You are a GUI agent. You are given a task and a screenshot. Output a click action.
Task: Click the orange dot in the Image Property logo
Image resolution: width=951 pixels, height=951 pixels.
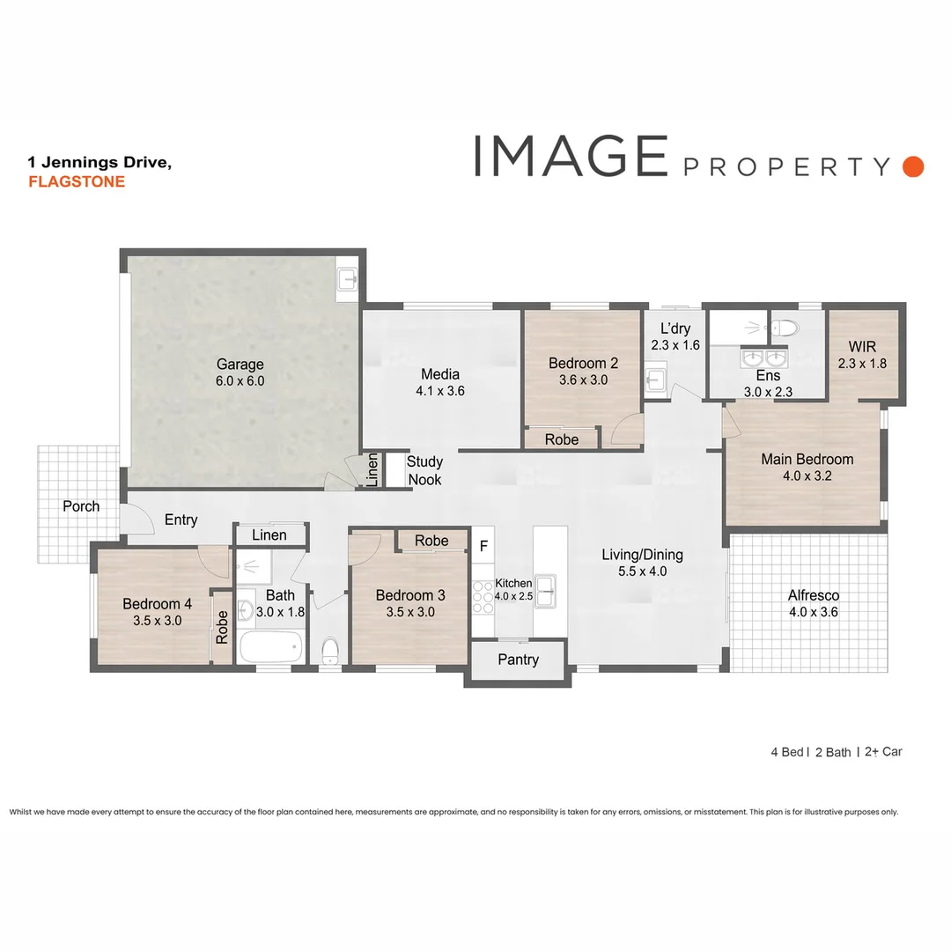coord(913,166)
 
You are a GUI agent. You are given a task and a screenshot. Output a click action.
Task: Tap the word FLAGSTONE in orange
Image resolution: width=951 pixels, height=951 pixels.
coord(77,182)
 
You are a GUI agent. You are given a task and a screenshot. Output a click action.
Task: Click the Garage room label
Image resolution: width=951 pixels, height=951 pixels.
coord(240,365)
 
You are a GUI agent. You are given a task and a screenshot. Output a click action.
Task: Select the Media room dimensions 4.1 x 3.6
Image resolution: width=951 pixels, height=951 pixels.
coord(440,391)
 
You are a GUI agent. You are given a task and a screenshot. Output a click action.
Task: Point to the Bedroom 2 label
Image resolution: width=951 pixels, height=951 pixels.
coord(583,363)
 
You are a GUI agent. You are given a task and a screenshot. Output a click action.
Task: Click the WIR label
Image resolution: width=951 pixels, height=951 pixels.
coord(863,346)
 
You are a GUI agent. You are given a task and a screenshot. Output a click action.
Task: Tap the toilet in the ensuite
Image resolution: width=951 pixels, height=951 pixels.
coord(784,328)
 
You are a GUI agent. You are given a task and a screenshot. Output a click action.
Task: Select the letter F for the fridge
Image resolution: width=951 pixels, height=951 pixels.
coord(483,547)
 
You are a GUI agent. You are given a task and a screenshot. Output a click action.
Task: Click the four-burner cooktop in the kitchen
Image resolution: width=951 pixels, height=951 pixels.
coord(483,595)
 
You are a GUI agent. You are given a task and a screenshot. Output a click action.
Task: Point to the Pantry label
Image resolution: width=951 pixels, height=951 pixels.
coord(518,660)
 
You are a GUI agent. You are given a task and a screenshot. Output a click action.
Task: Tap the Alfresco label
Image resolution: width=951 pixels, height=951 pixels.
coord(813,595)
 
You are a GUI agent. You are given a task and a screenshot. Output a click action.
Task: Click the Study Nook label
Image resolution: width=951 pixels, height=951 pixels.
coord(424,470)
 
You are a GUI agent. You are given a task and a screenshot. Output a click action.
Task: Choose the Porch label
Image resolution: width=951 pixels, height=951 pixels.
coord(81,506)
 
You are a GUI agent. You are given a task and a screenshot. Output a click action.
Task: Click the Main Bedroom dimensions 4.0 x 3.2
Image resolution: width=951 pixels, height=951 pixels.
coord(807,476)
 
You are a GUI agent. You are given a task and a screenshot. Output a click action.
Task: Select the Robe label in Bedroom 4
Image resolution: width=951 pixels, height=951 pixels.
coord(222,626)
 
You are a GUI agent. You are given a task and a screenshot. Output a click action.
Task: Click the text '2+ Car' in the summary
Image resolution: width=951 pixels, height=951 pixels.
coord(883,752)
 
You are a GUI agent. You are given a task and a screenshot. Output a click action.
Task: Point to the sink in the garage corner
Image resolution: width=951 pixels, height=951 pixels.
coord(349,279)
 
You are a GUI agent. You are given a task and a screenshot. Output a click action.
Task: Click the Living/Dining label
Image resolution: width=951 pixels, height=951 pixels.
coord(642,555)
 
